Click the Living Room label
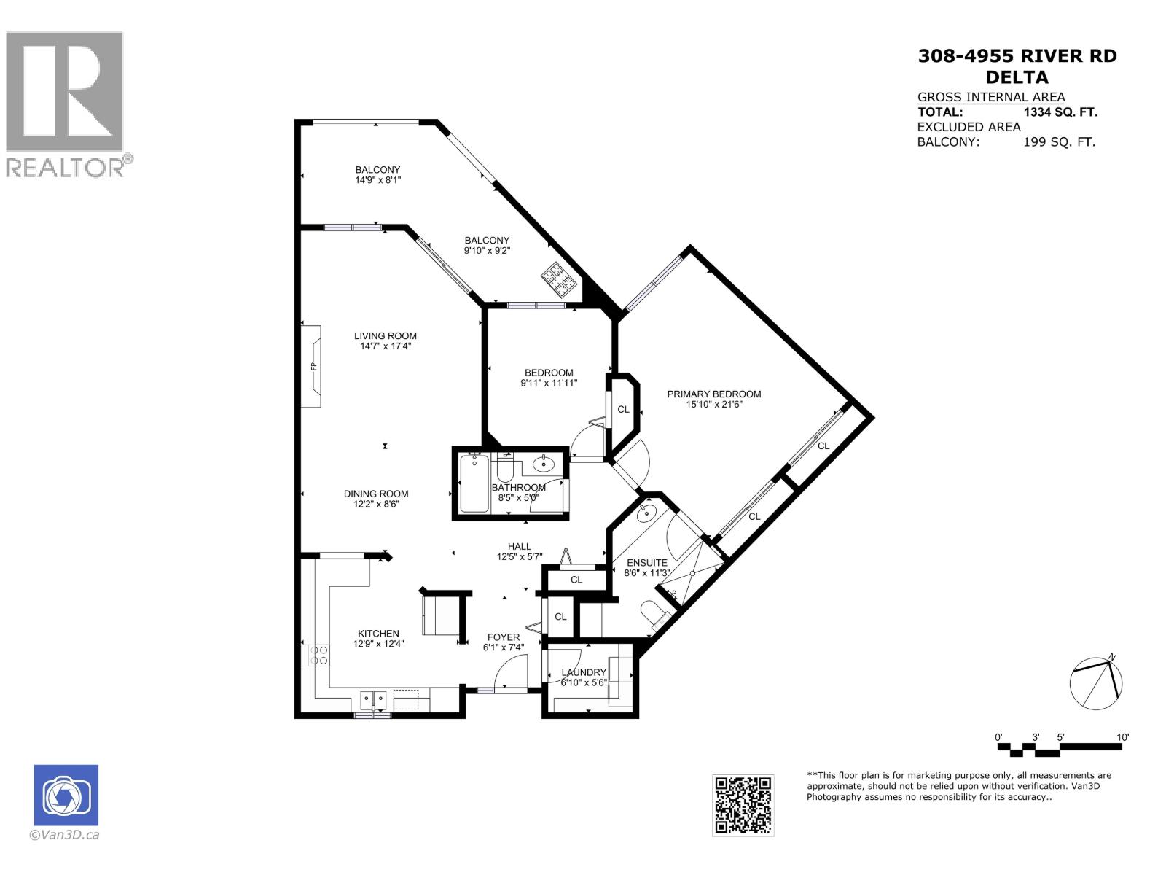[386, 336]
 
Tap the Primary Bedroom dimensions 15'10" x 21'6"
[713, 405]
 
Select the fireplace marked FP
[313, 366]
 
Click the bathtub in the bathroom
[474, 483]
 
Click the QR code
[743, 805]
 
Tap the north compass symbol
[1096, 682]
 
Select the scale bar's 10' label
[1122, 737]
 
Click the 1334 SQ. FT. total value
[1060, 112]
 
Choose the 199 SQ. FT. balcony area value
[1059, 142]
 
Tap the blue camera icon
[66, 796]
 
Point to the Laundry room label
[584, 672]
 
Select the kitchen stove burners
[318, 654]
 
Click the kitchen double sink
[373, 700]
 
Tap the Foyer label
[504, 637]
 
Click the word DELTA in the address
[1017, 77]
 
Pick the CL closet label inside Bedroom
[623, 410]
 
